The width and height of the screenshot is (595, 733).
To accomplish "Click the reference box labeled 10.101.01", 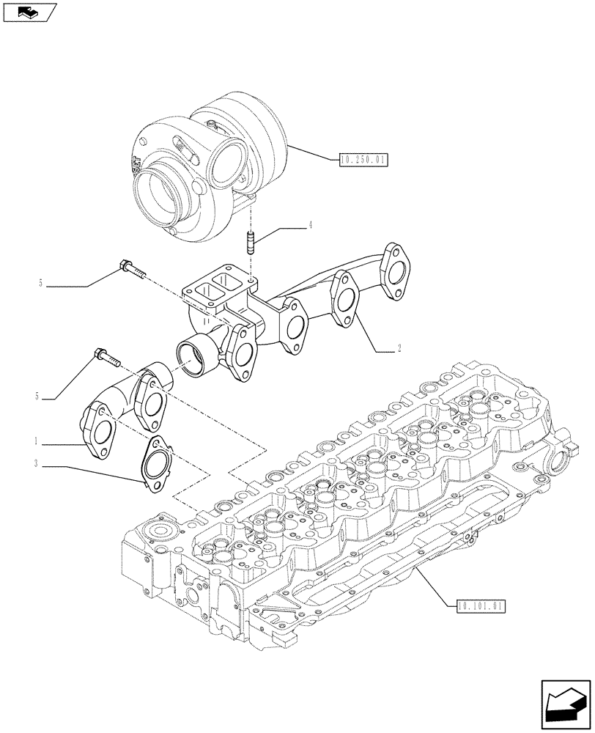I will pyautogui.click(x=481, y=605).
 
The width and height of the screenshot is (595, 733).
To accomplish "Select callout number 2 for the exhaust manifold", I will pyautogui.click(x=399, y=350).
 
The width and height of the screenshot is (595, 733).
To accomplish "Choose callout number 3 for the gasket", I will pyautogui.click(x=34, y=463).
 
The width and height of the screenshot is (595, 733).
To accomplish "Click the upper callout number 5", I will pyautogui.click(x=40, y=282).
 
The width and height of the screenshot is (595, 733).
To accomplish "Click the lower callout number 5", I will pyautogui.click(x=36, y=397).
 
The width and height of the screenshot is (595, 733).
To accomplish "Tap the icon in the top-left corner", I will pyautogui.click(x=29, y=12).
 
